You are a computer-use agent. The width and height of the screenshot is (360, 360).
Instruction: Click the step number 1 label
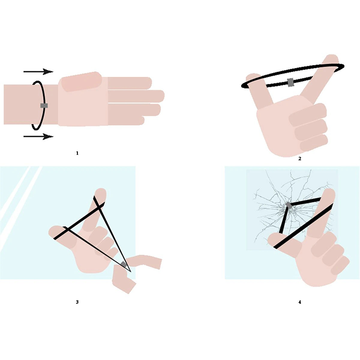coord(77,153)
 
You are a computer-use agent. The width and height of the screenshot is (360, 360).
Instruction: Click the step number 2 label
coord(300,158)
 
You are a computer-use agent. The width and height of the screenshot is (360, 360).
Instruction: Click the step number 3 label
coord(77,301)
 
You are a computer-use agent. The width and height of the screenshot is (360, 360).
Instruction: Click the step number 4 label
coord(300,301)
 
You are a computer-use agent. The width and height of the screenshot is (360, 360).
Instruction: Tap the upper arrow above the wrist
coord(38,72)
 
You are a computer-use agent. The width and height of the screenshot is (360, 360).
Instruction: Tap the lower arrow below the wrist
coord(38,136)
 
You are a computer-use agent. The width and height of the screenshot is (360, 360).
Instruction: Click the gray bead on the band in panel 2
coord(291,82)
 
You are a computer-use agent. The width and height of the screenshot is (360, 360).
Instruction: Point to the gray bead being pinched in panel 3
coord(123,264)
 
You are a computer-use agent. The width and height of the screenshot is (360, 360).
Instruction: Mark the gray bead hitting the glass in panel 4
coord(288,206)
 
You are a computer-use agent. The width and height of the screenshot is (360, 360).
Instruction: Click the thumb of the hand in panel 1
coord(81,81)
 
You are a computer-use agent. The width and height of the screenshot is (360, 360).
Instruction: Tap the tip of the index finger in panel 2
coord(332,60)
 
